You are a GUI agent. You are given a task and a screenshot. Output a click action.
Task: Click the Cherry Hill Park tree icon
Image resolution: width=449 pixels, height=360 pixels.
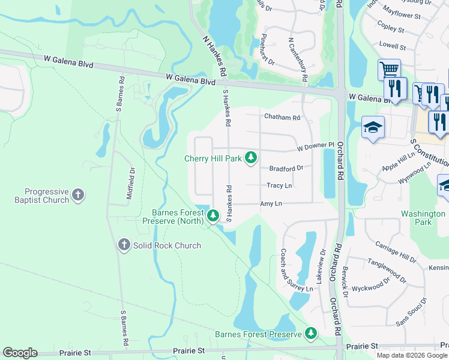[x=251, y=158]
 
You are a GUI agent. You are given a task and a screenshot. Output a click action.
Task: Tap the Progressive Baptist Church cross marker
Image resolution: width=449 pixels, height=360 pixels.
[x=78, y=195]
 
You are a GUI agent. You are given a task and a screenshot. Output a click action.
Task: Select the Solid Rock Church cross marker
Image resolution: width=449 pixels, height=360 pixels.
[x=124, y=245]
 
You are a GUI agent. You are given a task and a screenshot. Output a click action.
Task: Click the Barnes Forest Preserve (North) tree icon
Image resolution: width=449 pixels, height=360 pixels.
[x=212, y=215]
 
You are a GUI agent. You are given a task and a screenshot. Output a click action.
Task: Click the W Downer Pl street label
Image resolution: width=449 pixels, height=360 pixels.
[x=315, y=146]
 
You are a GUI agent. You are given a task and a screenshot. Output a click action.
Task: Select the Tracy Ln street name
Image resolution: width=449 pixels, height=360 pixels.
[x=279, y=186]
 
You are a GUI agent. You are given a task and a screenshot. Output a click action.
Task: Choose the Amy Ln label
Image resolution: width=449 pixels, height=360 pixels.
[x=271, y=204]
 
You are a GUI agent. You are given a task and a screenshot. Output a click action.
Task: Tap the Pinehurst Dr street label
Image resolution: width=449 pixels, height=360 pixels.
[x=267, y=50]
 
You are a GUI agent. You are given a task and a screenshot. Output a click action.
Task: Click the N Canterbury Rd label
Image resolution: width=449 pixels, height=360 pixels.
[x=298, y=60]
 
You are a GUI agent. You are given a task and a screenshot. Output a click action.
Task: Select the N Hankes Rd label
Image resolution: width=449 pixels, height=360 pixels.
[x=214, y=56]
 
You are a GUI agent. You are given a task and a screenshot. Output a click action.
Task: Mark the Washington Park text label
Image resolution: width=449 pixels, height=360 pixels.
[x=424, y=218]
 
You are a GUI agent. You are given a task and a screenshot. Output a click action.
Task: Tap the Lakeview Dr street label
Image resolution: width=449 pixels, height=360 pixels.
[x=321, y=266]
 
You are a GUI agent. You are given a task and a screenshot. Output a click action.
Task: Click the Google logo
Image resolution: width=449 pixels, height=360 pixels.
[x=20, y=353]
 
